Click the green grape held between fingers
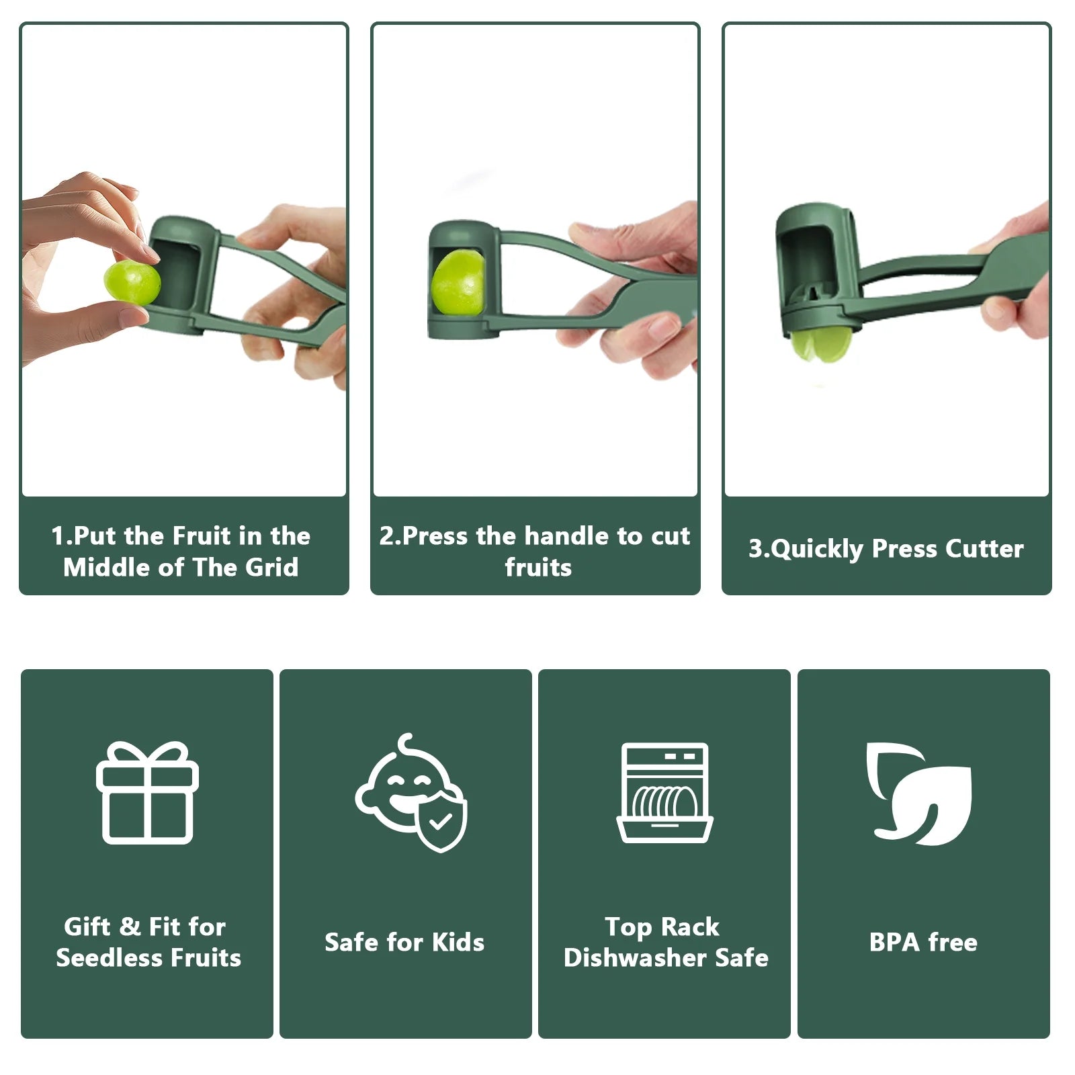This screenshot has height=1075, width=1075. [132, 282]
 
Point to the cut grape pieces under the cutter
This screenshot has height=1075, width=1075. [822, 344]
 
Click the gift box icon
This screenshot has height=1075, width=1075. [148, 793]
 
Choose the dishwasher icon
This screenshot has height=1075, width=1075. [664, 793]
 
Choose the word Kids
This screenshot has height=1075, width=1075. [458, 942]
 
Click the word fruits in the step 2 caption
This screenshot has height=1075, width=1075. [538, 568]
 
